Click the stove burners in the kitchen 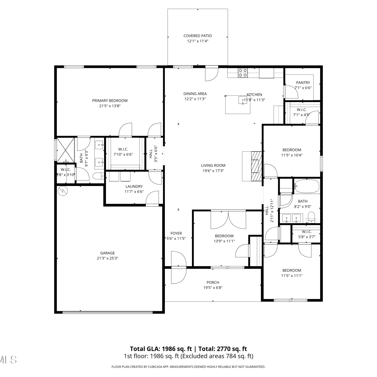pos(243,73)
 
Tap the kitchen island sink pos(243,100)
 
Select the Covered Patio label pos(198,36)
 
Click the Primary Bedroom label pos(110,101)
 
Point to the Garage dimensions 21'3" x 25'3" pos(108,258)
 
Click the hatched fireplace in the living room pos(256,166)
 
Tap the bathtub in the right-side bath pos(307,186)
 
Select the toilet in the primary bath pos(98,176)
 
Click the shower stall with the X pos(65,150)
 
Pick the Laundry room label pos(134,186)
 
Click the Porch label pos(213,282)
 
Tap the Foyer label pos(176,233)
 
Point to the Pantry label pos(303,82)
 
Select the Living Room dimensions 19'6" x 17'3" pos(213,171)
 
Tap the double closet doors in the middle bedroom pos(228,220)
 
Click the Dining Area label pos(195,94)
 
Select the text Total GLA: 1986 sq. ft pos(161,349)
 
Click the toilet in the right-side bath pos(311,217)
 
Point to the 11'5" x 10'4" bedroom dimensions pos(292,155)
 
